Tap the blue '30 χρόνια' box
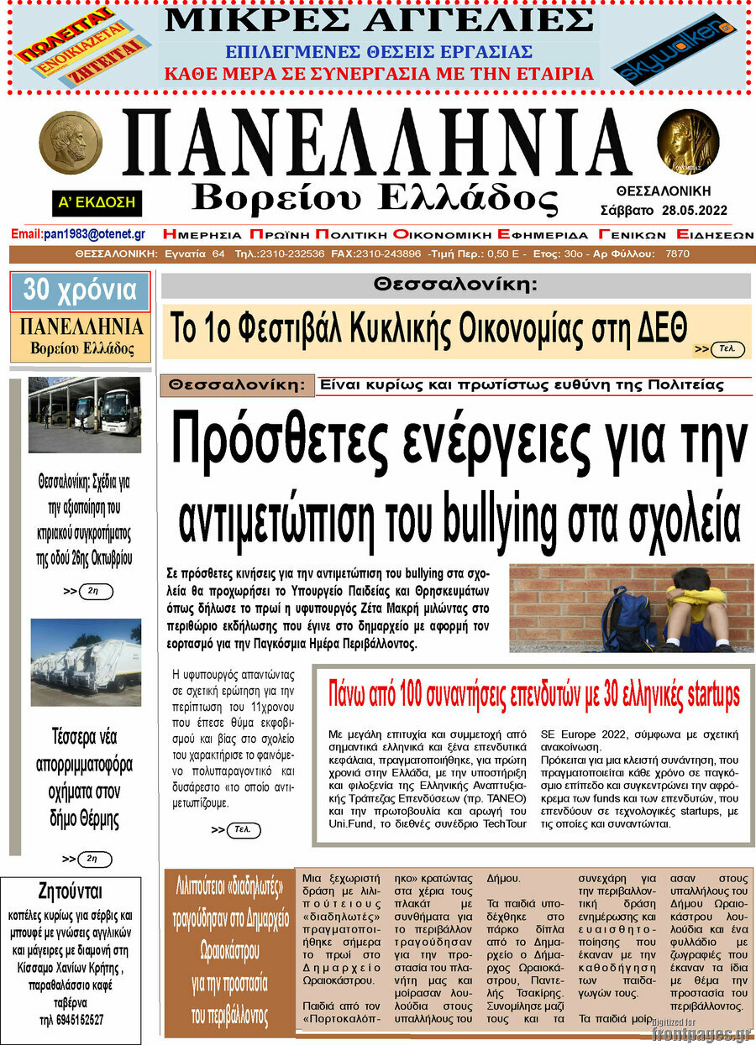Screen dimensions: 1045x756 pyautogui.click(x=80, y=291)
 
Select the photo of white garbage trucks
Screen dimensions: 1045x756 pyautogui.click(x=86, y=661)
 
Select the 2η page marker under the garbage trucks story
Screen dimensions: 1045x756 pyautogui.click(x=94, y=859)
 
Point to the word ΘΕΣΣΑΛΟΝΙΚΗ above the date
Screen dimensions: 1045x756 pyautogui.click(x=664, y=191)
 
